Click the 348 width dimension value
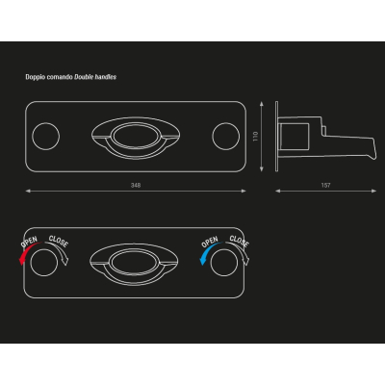(136, 185)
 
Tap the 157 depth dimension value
(325, 185)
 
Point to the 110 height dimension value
(256, 137)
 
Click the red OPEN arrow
(27, 252)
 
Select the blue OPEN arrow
(208, 252)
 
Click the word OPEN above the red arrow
(29, 242)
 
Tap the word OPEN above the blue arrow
(210, 242)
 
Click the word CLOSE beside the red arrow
(59, 242)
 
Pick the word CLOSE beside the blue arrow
(240, 242)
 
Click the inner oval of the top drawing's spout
(136, 124)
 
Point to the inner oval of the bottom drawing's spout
(134, 250)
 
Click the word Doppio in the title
(33, 77)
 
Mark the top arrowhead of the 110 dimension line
(262, 103)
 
